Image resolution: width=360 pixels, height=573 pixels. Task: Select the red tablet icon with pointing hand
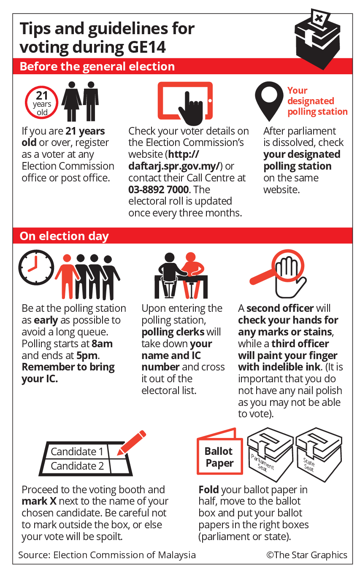(x=185, y=102)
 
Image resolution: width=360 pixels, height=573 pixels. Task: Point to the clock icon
(x=36, y=268)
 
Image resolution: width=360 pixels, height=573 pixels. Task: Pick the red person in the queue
(x=67, y=276)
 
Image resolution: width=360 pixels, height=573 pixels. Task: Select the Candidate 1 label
(x=77, y=451)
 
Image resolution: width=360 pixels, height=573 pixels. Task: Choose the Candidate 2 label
(x=77, y=466)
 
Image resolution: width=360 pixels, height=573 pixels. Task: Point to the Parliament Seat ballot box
(x=270, y=454)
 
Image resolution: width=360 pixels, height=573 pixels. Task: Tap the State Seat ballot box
(x=319, y=454)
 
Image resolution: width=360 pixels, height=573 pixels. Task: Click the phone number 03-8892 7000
(x=158, y=189)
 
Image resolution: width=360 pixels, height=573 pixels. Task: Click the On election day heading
(x=64, y=236)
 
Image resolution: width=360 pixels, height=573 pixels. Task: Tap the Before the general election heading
(x=97, y=66)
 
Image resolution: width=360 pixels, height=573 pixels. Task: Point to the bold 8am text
(x=102, y=343)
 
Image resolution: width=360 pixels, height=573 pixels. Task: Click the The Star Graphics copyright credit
(x=307, y=555)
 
